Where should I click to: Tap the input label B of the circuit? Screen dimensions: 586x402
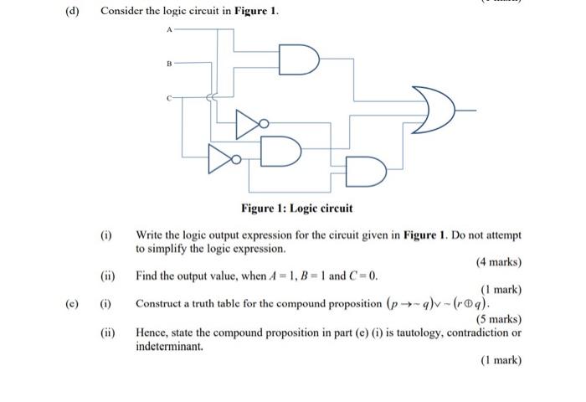[168, 63]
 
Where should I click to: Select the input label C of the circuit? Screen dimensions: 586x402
[168, 97]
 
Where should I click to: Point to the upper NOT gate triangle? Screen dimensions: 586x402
[249, 124]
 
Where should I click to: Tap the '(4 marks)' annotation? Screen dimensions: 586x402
[499, 262]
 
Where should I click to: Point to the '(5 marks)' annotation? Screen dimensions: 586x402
[499, 319]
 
